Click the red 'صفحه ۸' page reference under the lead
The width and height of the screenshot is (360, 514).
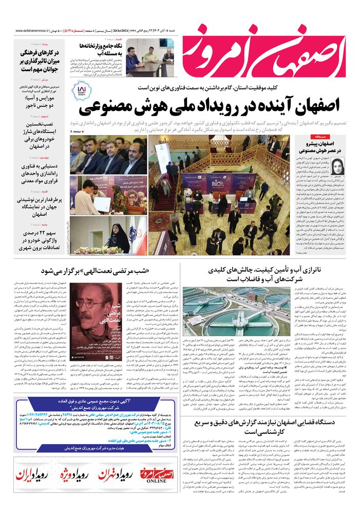[75, 133]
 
